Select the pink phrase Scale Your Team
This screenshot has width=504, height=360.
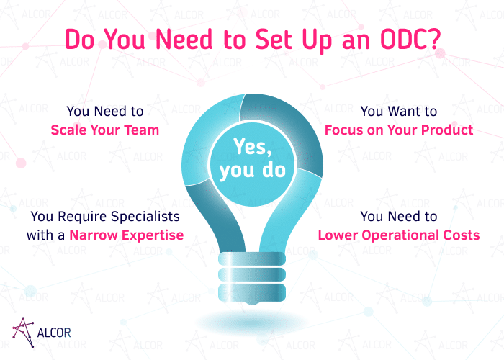pyautogui.click(x=105, y=130)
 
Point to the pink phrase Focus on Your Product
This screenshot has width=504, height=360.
pyautogui.click(x=399, y=130)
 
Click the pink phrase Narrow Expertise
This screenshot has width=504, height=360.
pyautogui.click(x=126, y=235)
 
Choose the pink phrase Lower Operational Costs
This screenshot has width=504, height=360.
pyautogui.click(x=399, y=235)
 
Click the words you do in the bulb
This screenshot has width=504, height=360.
pyautogui.click(x=252, y=170)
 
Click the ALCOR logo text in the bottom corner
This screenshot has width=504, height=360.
pyautogui.click(x=54, y=333)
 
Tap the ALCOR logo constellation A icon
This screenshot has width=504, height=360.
pyautogui.click(x=23, y=333)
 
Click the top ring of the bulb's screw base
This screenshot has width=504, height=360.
pyautogui.click(x=252, y=258)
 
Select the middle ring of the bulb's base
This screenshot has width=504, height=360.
pyautogui.click(x=252, y=274)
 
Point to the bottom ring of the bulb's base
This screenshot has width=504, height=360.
pyautogui.click(x=252, y=292)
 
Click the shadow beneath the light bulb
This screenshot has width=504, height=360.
pyautogui.click(x=252, y=322)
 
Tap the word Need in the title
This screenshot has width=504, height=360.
pyautogui.click(x=184, y=40)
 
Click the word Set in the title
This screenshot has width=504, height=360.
pyautogui.click(x=274, y=40)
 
